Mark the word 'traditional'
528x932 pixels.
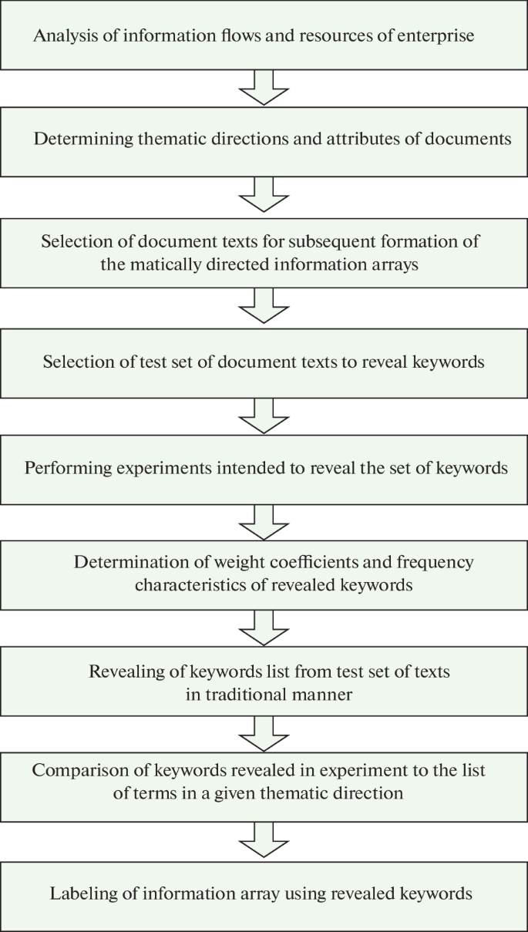point(242,694)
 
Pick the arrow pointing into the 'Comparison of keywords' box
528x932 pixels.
point(264,735)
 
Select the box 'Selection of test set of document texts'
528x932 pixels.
point(264,362)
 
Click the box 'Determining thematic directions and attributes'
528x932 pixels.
point(264,140)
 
